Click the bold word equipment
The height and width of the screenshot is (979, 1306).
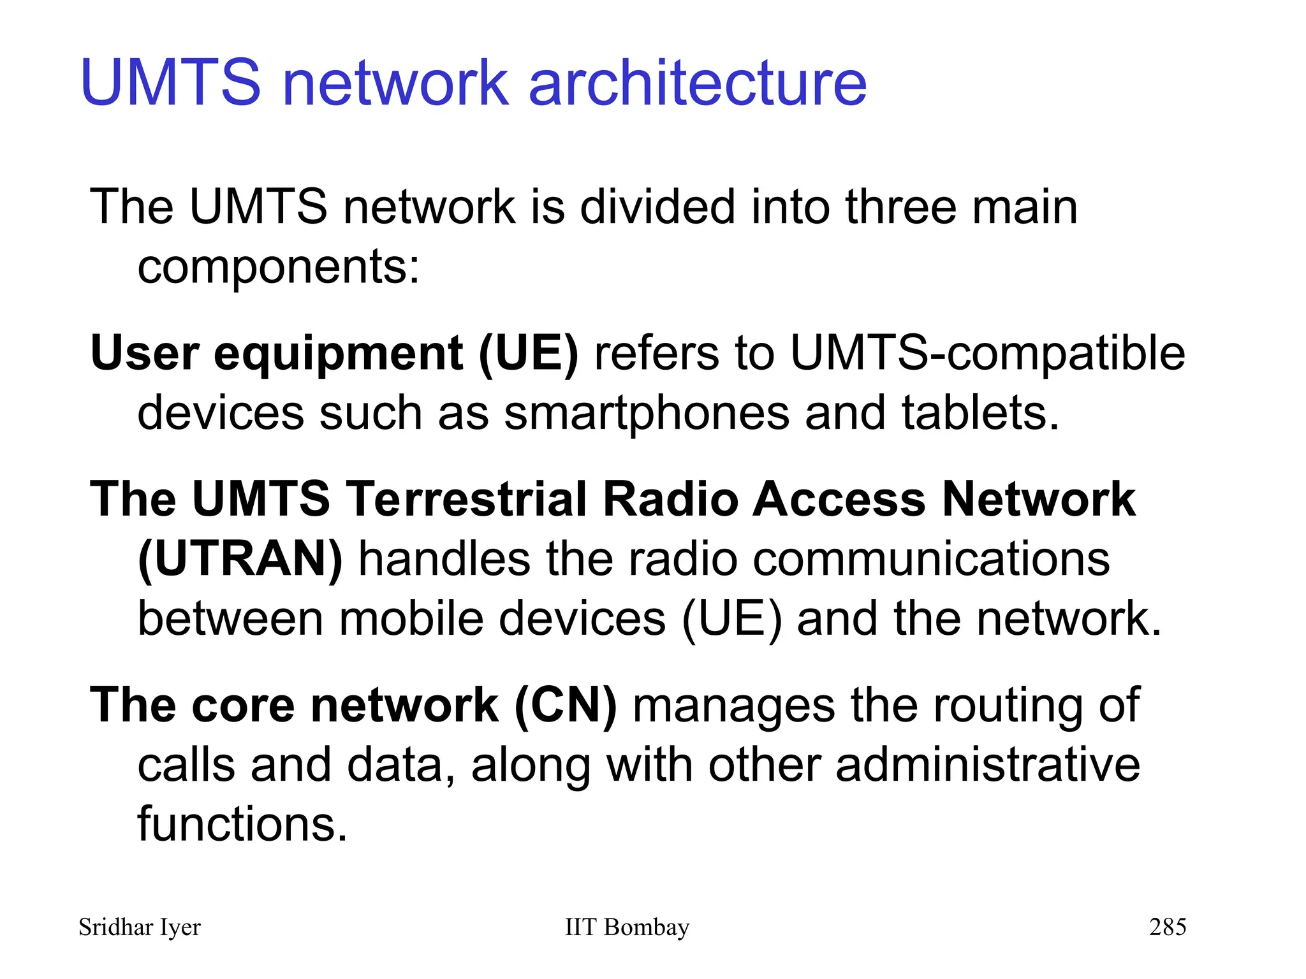339,354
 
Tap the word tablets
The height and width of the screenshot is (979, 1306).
980,413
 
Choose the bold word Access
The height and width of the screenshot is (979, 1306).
839,499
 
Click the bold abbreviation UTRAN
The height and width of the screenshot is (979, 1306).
240,559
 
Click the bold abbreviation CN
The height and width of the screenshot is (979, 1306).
566,706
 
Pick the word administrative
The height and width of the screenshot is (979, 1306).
987,765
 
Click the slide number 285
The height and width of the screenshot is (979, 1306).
1168,927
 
